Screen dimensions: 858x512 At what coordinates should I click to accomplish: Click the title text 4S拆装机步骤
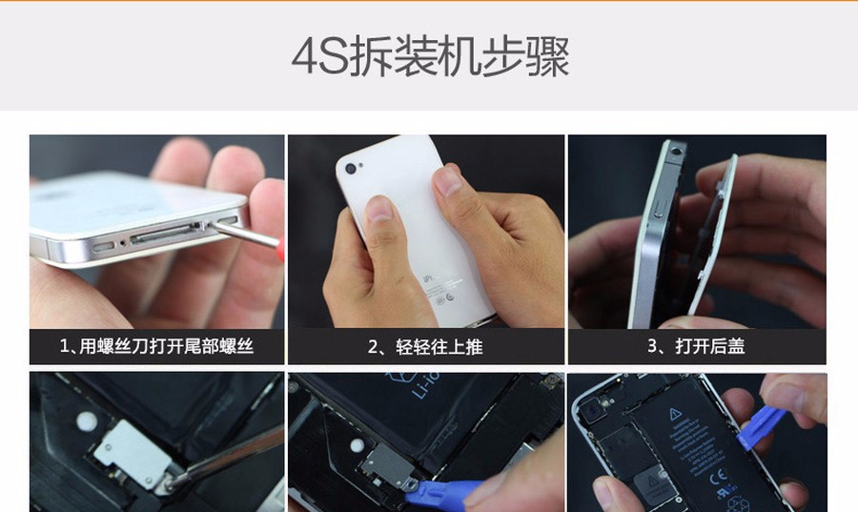[431, 56]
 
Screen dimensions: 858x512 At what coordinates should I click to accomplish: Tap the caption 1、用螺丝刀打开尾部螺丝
[156, 346]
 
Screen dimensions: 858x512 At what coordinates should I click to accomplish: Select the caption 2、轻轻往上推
[425, 347]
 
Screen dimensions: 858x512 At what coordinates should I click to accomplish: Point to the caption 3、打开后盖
[696, 346]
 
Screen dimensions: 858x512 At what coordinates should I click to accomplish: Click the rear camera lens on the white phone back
[350, 169]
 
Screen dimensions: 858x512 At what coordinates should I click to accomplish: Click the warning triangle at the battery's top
[676, 414]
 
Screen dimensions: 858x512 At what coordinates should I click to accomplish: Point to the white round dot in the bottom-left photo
[87, 421]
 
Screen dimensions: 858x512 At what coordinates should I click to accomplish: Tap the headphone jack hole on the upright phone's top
[678, 149]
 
